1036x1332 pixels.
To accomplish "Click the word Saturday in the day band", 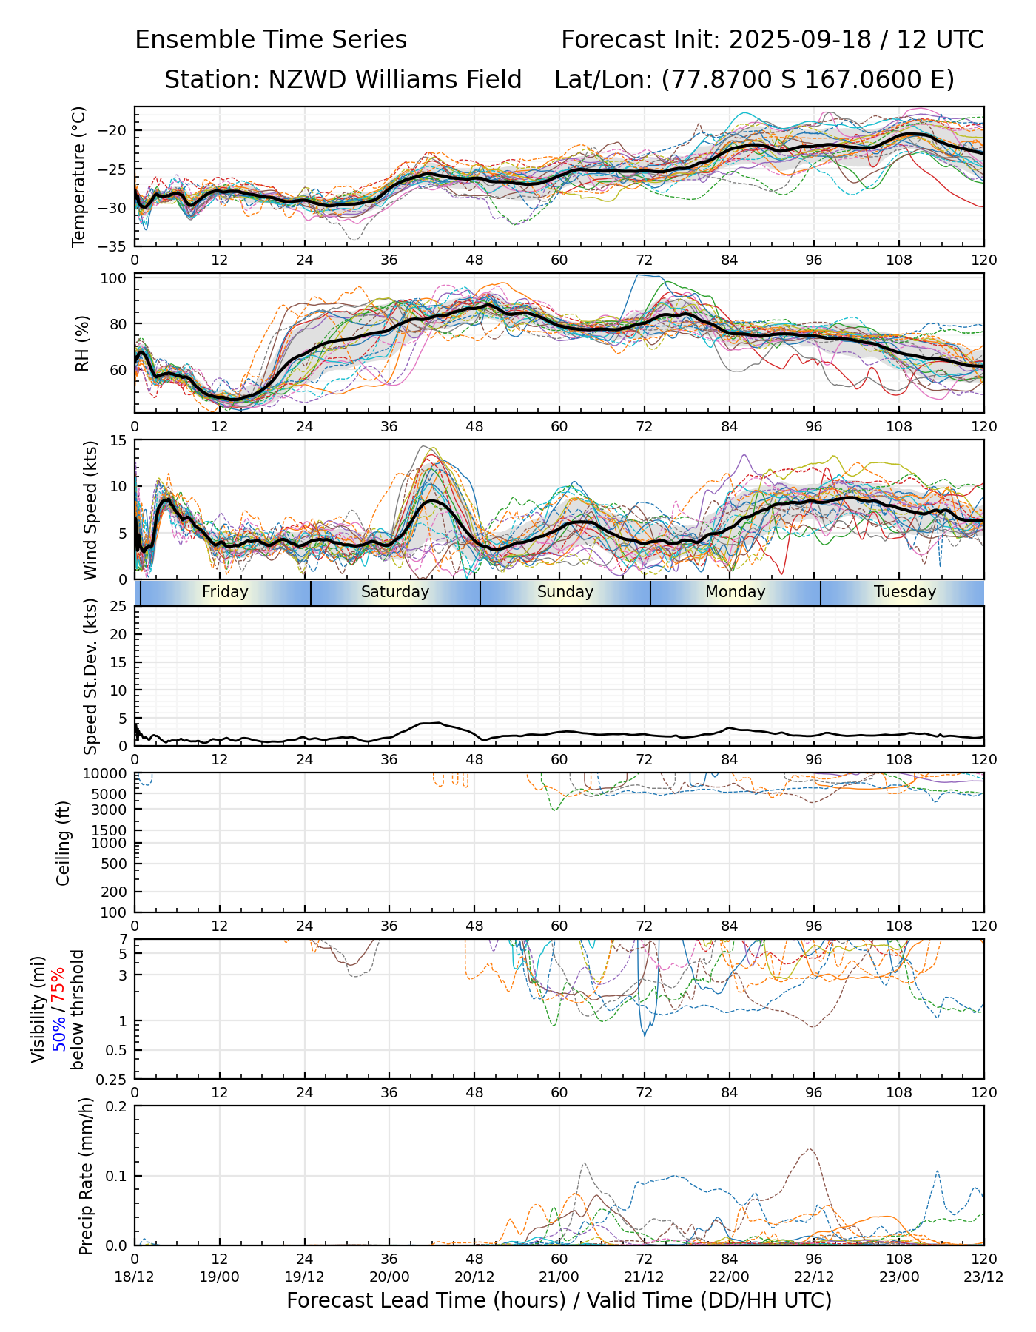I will pos(395,592).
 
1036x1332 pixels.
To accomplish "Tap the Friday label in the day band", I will pos(225,592).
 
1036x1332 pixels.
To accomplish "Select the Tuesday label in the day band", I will pos(904,592).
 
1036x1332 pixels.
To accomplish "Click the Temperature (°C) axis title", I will pos(79,176).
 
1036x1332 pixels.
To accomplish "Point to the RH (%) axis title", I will pos(82,343).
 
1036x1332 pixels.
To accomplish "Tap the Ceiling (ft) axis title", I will pos(64,843).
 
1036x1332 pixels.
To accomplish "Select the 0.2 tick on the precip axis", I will pos(117,1106).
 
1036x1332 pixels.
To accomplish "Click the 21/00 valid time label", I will pos(559,1276).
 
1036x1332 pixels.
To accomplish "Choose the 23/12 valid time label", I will pos(983,1276).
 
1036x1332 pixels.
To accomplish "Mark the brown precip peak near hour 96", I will pos(810,1149).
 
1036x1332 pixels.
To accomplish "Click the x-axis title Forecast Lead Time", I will pos(559,1300).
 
